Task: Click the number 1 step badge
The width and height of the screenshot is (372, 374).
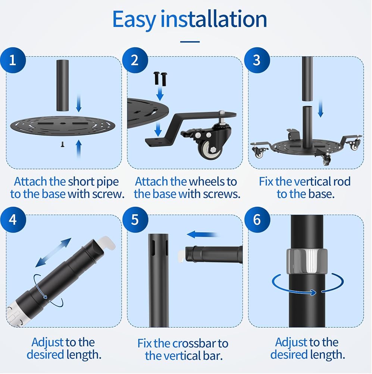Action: pos(13,60)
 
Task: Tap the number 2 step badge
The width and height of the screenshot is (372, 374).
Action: pos(135,60)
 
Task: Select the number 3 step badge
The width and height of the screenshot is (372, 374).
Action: pos(257,60)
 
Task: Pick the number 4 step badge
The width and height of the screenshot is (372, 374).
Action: pos(13,220)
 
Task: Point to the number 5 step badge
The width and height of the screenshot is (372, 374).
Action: pos(135,220)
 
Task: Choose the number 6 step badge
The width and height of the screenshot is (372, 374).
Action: pos(257,220)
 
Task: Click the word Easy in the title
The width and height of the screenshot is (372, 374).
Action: pos(134,20)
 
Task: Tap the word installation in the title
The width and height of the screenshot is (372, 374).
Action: pos(213,19)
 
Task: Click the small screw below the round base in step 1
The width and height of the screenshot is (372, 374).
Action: pos(63,144)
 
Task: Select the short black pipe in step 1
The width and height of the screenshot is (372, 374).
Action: pos(62,85)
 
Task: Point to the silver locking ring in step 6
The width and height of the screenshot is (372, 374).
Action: pos(307,261)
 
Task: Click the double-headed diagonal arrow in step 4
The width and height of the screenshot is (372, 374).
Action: pos(53,252)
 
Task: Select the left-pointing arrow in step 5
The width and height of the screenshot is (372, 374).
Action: pos(202,234)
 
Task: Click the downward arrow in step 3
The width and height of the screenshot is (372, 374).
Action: pos(321,108)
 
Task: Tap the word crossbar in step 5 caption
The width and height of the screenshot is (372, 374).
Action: pos(195,343)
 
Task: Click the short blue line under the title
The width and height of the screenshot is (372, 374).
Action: pos(190,42)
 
